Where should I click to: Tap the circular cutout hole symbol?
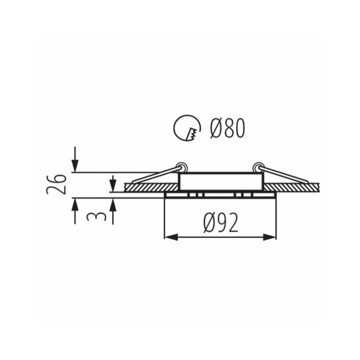(x=187, y=127)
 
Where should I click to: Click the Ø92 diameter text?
(x=221, y=223)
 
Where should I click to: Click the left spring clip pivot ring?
(x=181, y=167)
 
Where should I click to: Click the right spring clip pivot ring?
(x=258, y=167)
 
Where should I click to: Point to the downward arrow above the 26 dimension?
(x=74, y=161)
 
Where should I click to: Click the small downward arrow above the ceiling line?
(x=113, y=181)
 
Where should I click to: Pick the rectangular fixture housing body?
(x=220, y=182)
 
